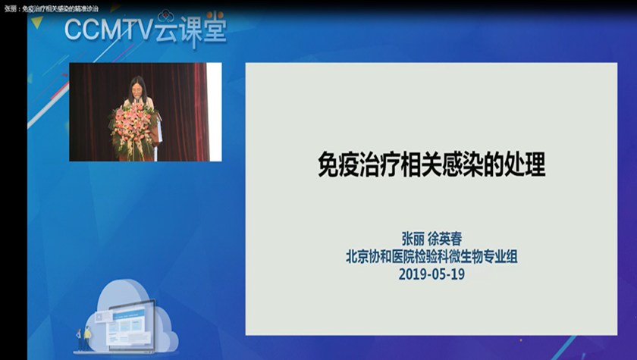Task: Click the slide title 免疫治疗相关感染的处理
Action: click(431, 164)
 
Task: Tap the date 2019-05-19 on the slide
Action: click(431, 274)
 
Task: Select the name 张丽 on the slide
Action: click(413, 239)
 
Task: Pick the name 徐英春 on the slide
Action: click(445, 239)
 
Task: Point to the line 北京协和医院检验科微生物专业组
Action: click(431, 256)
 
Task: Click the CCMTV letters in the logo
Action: click(109, 30)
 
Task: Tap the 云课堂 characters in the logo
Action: click(190, 30)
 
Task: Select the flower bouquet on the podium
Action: click(133, 129)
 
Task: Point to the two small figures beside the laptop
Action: click(83, 339)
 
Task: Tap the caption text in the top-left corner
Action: click(51, 8)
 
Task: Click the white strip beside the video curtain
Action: click(214, 111)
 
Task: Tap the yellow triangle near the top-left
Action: click(37, 22)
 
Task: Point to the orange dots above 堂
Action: click(215, 14)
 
